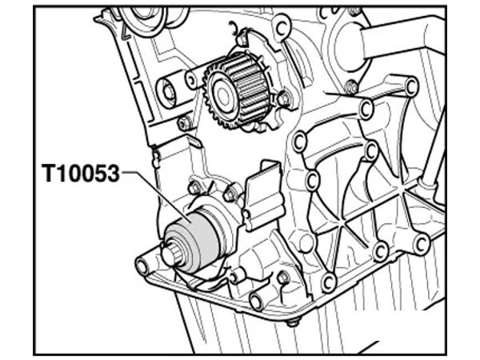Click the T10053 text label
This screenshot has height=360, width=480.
pyautogui.click(x=81, y=174)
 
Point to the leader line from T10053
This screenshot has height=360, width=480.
pyautogui.click(x=157, y=194)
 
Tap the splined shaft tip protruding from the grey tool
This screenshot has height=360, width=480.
pyautogui.click(x=172, y=254)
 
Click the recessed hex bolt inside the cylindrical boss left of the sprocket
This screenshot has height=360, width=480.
pyautogui.click(x=169, y=91)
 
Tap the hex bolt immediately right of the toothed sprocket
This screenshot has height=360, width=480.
pyautogui.click(x=283, y=99)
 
